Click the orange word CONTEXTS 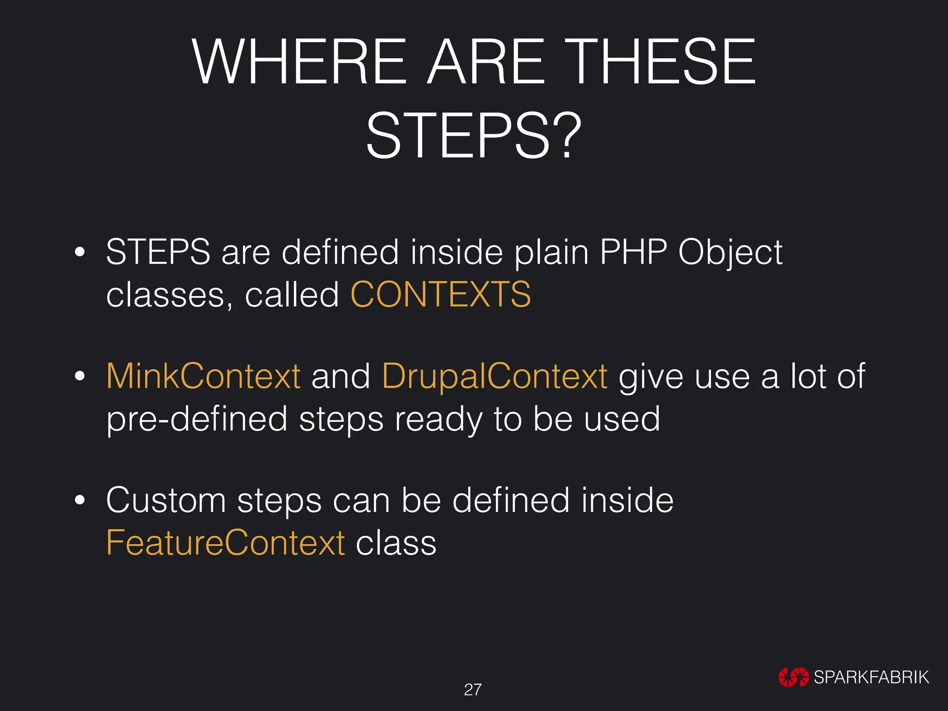click(441, 294)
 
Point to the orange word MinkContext click(204, 376)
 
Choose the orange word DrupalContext click(495, 376)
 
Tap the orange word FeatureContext click(225, 543)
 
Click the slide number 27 click(473, 690)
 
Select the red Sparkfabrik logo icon click(793, 677)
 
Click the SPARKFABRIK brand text click(871, 677)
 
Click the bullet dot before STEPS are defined click(80, 253)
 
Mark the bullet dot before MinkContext click(80, 376)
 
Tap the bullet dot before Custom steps click(80, 500)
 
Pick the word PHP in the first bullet click(633, 252)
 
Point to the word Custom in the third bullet click(166, 500)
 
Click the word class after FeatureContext click(396, 543)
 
